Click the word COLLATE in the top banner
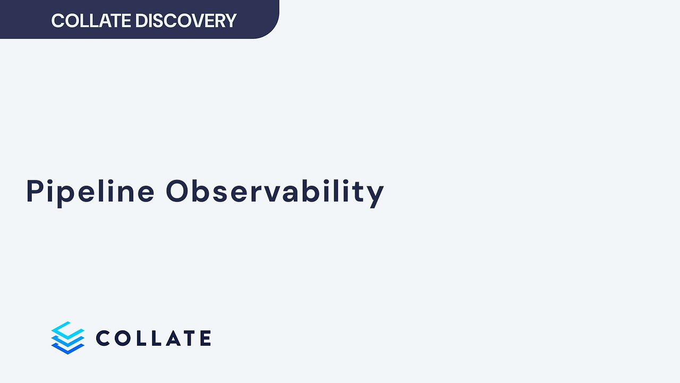coord(91,21)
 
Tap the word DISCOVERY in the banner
coord(185,21)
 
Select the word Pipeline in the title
coord(90,191)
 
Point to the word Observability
coord(275,191)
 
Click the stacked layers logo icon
coord(68,338)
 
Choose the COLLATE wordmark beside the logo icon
coord(154,338)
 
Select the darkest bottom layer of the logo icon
coord(68,348)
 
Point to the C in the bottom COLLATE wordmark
coord(104,338)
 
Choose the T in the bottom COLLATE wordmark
coord(185,338)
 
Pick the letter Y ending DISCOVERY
coord(229,21)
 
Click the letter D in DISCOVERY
coord(141,21)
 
